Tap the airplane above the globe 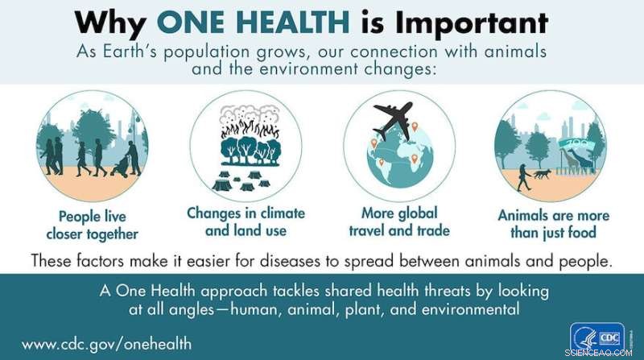coord(394,122)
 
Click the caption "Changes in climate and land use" coord(246,221)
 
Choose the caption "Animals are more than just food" coord(553,224)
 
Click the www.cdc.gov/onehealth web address coord(106,343)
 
